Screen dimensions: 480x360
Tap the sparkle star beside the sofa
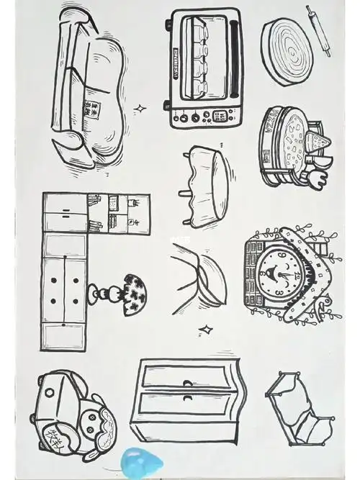(141, 109)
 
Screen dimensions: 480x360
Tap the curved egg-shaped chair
(202, 277)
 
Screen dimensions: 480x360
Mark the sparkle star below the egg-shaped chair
(206, 330)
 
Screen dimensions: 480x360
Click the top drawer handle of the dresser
(188, 382)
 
